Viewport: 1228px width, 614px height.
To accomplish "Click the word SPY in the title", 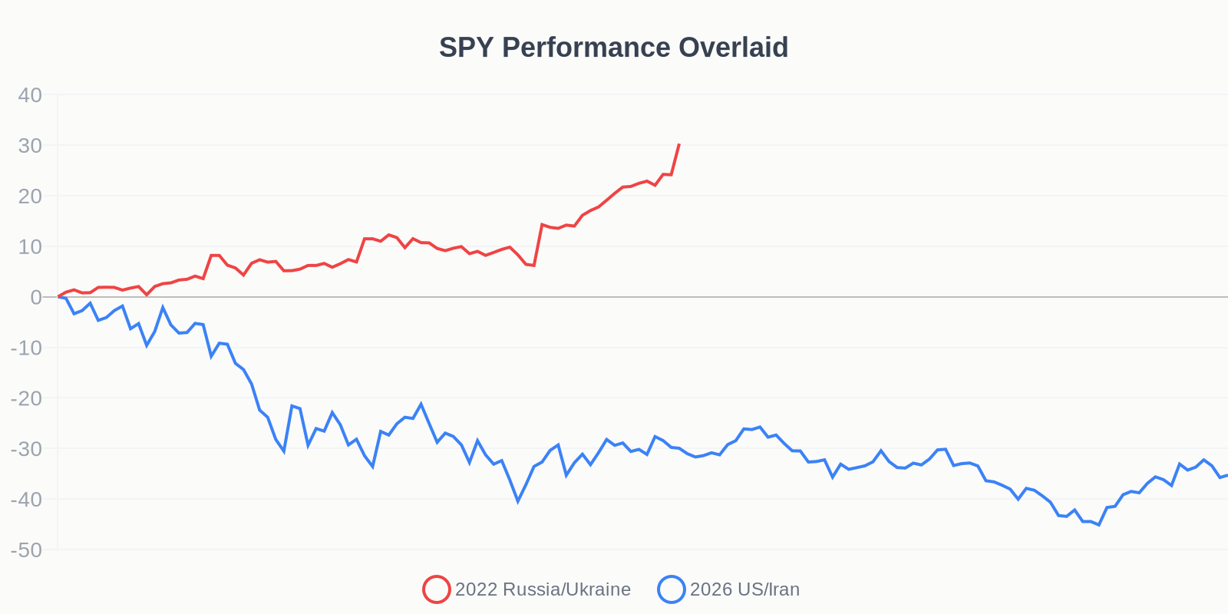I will [467, 48].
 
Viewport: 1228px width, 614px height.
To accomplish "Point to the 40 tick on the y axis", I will [30, 95].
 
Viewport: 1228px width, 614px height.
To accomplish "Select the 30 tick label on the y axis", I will [30, 146].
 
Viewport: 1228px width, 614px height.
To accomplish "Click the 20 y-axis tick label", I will [30, 196].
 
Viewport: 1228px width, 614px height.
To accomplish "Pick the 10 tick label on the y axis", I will [30, 247].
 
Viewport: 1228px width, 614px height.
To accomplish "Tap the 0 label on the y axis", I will [36, 298].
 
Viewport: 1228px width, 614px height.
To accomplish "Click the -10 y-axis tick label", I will [26, 348].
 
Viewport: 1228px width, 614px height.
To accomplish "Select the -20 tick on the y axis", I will [26, 398].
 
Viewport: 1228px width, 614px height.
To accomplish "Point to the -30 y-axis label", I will [26, 449].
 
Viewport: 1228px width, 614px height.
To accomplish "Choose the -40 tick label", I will [26, 500].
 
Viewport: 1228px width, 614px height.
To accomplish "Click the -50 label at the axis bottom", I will [26, 550].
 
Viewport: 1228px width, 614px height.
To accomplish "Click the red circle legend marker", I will [436, 589].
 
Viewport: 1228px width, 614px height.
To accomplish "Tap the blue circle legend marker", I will [672, 589].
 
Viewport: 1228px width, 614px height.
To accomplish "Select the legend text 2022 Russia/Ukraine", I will [543, 589].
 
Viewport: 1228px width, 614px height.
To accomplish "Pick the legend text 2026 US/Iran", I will [744, 589].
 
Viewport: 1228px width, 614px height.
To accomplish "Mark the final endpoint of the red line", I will [679, 144].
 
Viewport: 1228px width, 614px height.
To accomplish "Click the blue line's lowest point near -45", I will [1099, 525].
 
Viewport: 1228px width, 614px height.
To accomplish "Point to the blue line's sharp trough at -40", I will [518, 501].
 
